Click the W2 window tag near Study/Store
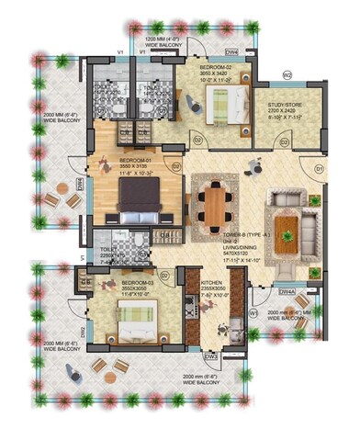pos(287,74)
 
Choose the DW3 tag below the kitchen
pos(210,355)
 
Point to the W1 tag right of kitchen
pos(253,313)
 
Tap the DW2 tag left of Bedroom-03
pos(82,331)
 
